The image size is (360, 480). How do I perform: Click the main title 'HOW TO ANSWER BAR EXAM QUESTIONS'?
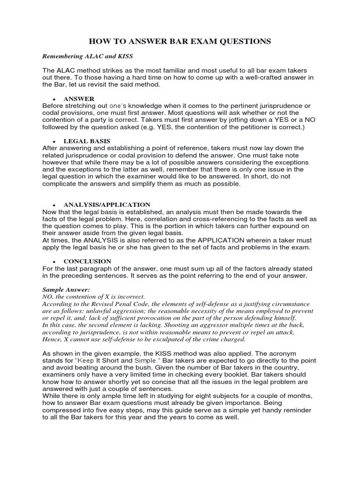(180, 42)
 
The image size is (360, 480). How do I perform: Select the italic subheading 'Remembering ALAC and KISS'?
(88, 56)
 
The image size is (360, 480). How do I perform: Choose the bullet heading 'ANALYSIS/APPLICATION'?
(107, 205)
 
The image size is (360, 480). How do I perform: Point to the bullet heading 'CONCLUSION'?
(87, 261)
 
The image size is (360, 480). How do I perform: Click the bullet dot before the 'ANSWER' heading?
(55, 99)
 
